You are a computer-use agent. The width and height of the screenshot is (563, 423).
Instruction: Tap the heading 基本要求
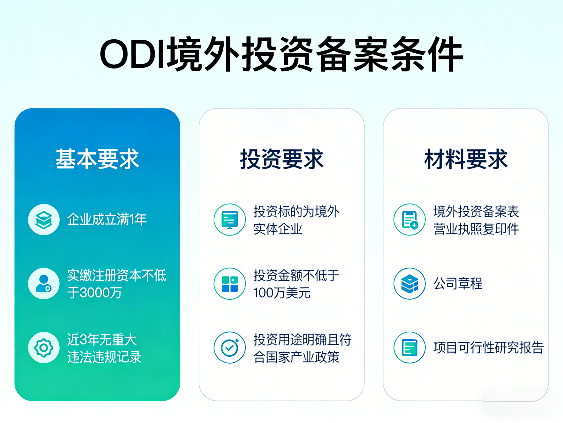pyautogui.click(x=97, y=159)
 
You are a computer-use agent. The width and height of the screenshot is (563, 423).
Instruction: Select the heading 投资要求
pyautogui.click(x=281, y=159)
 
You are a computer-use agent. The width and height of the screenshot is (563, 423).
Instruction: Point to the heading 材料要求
pyautogui.click(x=466, y=159)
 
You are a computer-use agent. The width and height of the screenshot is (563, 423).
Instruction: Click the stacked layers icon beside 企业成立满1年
pyautogui.click(x=44, y=219)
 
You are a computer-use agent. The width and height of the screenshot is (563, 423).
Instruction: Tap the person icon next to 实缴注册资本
pyautogui.click(x=44, y=283)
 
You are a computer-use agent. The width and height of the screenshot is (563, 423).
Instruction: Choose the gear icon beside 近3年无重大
pyautogui.click(x=44, y=348)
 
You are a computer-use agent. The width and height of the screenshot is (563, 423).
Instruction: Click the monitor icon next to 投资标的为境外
pyautogui.click(x=230, y=219)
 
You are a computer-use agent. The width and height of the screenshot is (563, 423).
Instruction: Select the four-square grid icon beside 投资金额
pyautogui.click(x=230, y=283)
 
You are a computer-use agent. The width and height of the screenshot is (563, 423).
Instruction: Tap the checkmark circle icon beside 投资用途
pyautogui.click(x=230, y=348)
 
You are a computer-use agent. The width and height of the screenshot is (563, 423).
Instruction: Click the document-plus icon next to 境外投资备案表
pyautogui.click(x=410, y=219)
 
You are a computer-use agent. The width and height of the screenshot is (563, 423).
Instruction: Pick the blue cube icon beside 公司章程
pyautogui.click(x=410, y=283)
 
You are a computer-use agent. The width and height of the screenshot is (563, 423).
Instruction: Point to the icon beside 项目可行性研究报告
pyautogui.click(x=410, y=348)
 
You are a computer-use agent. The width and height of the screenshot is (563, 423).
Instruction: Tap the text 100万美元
pyautogui.click(x=281, y=293)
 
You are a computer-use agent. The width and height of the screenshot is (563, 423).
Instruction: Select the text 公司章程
pyautogui.click(x=458, y=283)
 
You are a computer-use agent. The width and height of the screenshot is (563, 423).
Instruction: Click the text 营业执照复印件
pyautogui.click(x=476, y=229)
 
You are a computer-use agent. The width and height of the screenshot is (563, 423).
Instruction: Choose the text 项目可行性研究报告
pyautogui.click(x=488, y=348)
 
